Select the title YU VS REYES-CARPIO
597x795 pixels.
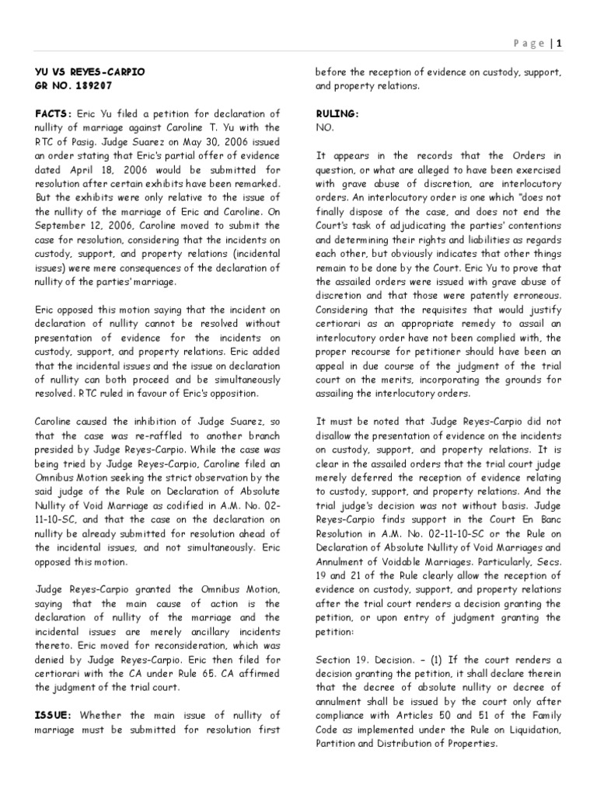point(89,72)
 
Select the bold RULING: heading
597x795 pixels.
point(337,114)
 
